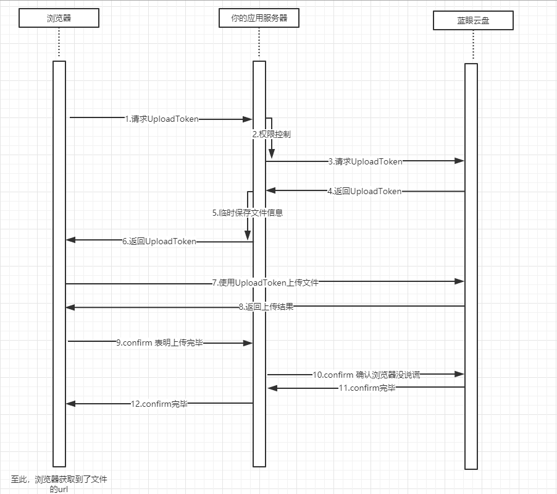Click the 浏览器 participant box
(x=59, y=18)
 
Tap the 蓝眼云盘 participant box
(x=473, y=22)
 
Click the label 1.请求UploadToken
(x=162, y=119)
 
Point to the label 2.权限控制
(x=271, y=134)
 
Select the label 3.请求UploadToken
(x=366, y=161)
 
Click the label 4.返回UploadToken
(x=364, y=192)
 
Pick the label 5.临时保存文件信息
(x=248, y=213)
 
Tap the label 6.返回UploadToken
(x=159, y=242)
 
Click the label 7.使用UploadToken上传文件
(x=266, y=283)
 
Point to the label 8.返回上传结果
(x=266, y=307)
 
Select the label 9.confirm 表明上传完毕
(x=159, y=343)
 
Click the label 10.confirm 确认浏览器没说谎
(x=366, y=375)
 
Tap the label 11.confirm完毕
(x=366, y=388)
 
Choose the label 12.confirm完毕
(x=159, y=404)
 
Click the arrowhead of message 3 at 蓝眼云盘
(x=459, y=161)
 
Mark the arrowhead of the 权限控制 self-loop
(x=271, y=154)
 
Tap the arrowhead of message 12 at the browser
(x=70, y=404)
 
